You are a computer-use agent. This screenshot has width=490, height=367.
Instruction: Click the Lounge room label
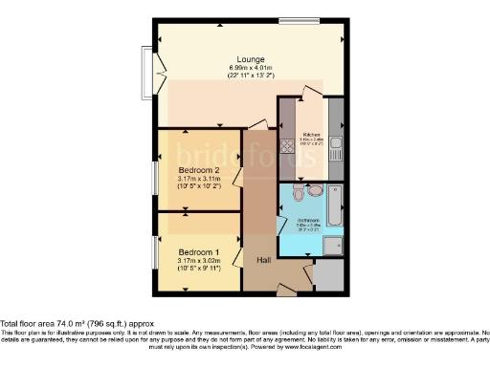click(252, 59)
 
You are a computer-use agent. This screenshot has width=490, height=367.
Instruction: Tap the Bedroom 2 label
click(199, 171)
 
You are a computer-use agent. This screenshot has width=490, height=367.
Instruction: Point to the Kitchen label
click(311, 135)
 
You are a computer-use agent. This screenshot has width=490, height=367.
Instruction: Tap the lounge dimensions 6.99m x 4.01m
click(252, 68)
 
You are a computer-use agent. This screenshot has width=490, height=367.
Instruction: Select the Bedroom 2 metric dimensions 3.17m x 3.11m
click(199, 179)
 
